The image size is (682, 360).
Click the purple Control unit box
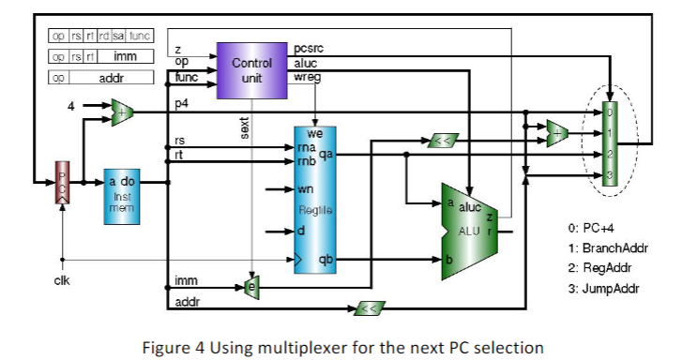click(250, 70)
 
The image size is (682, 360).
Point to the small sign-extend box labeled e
click(250, 286)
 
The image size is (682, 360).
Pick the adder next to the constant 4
click(122, 112)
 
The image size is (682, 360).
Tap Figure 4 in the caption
click(173, 347)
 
